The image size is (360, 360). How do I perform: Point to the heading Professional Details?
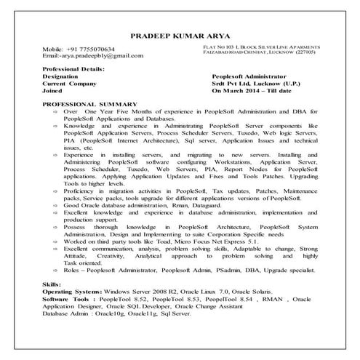tap(75, 68)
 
